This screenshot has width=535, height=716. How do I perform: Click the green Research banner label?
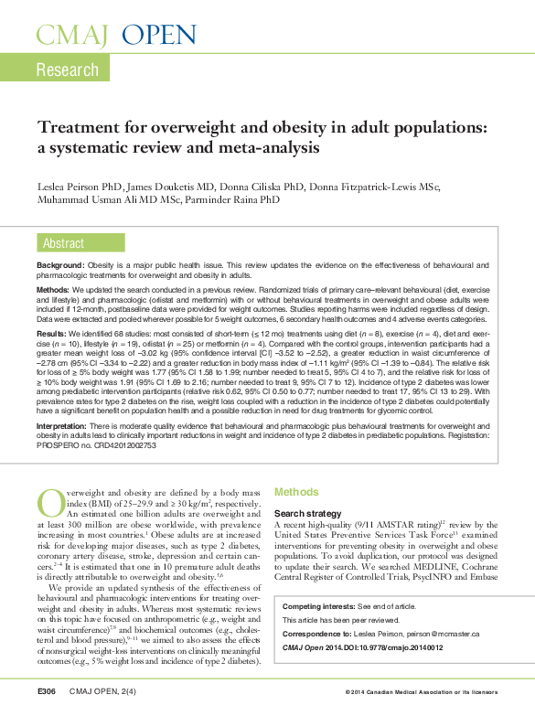coord(67,70)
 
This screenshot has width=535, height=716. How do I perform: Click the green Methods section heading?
coord(297,491)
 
